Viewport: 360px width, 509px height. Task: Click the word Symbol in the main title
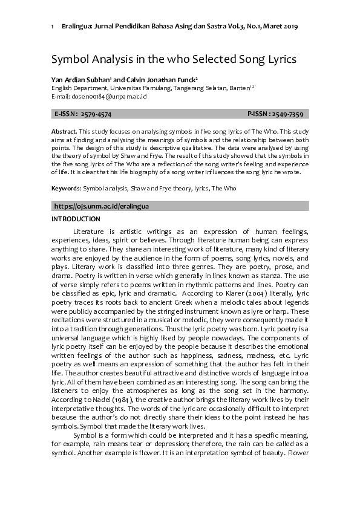pyautogui.click(x=70, y=60)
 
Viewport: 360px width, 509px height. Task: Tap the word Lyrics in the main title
pyautogui.click(x=278, y=60)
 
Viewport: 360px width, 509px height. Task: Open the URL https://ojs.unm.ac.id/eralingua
pyautogui.click(x=102, y=206)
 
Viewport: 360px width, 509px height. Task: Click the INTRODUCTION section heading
pyautogui.click(x=76, y=219)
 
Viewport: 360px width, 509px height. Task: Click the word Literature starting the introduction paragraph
pyautogui.click(x=89, y=232)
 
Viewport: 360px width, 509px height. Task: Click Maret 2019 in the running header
pyautogui.click(x=279, y=27)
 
